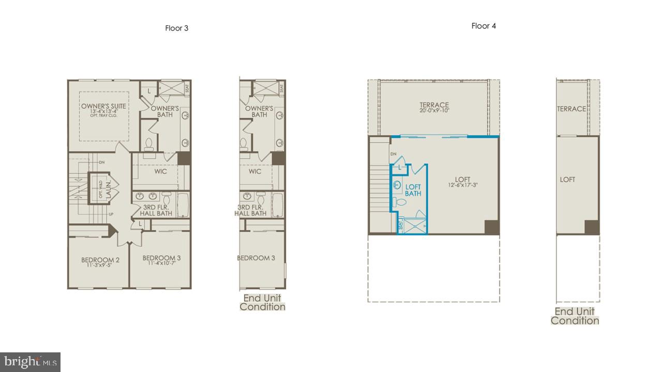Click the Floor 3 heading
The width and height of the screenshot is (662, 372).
click(176, 28)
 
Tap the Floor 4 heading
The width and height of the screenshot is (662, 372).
click(484, 26)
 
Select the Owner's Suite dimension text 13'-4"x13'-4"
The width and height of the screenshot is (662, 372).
click(103, 112)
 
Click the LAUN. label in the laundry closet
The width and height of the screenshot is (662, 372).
click(109, 190)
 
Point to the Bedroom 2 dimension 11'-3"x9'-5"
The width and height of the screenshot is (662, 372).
click(100, 266)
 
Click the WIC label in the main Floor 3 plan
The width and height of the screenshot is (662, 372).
click(160, 172)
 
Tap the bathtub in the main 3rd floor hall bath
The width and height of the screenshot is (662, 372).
click(183, 205)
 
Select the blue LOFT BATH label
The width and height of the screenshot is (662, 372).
click(413, 190)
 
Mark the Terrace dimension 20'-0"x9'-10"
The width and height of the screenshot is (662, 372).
click(434, 111)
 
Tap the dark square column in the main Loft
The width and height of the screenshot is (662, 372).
click(492, 227)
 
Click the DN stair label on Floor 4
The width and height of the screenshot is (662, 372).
click(393, 154)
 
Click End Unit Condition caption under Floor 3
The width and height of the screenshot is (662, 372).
click(262, 303)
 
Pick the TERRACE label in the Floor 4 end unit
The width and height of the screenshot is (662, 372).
click(571, 109)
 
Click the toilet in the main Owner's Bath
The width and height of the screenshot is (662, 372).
click(149, 143)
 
